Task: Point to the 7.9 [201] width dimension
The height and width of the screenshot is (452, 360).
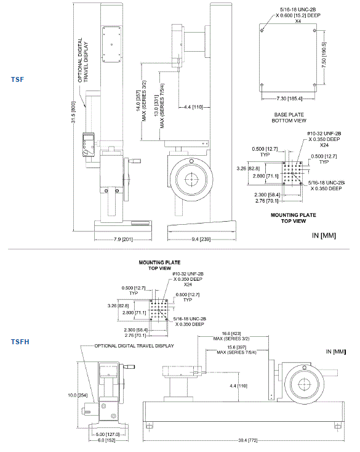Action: tap(109, 238)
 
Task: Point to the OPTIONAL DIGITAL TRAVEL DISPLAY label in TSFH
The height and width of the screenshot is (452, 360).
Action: tap(134, 346)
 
